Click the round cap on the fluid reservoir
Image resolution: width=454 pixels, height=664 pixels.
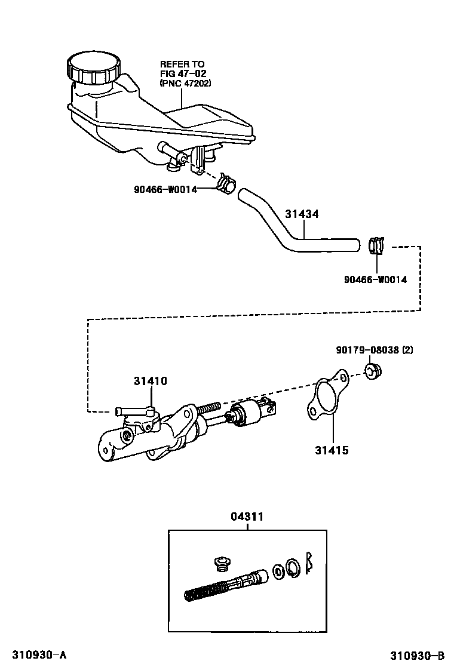[93, 67]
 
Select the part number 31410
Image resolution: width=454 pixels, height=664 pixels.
[150, 381]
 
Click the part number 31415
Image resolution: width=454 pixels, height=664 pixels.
[332, 451]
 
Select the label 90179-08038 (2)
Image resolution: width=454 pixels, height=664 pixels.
[373, 350]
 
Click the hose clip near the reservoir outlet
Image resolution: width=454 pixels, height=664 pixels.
[227, 183]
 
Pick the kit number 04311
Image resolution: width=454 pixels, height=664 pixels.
[247, 517]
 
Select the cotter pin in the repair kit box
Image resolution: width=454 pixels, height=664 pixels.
[309, 562]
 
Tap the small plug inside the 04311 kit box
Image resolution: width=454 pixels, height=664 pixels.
[222, 563]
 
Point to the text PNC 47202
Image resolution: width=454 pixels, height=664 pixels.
[185, 83]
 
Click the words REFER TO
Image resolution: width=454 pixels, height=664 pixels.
[182, 64]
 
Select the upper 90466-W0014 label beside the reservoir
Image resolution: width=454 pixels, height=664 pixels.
[165, 190]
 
